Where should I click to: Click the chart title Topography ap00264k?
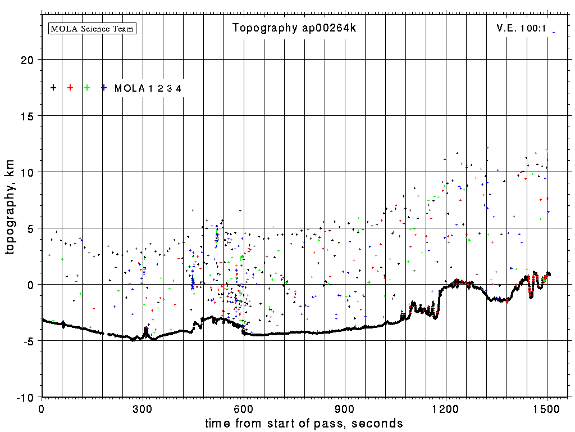click(294, 28)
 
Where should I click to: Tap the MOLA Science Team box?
click(93, 28)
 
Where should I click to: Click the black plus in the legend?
click(53, 88)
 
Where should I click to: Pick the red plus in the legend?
click(70, 88)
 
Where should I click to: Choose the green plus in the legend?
click(87, 88)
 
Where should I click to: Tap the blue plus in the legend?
click(104, 88)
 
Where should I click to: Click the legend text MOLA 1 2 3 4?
click(148, 88)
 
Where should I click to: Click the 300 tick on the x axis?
click(143, 408)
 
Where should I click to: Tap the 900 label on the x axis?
click(345, 408)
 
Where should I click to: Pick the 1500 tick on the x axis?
click(547, 408)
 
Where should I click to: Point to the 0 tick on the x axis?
click(42, 408)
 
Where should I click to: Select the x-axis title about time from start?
click(304, 423)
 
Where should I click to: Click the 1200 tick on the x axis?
click(446, 408)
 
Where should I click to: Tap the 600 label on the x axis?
click(244, 408)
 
